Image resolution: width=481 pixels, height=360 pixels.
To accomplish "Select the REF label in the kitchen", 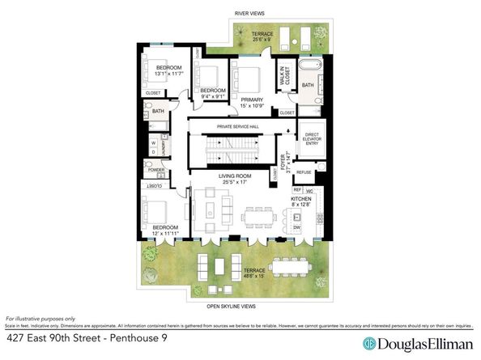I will pyautogui.click(x=297, y=190).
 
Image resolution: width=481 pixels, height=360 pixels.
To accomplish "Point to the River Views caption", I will pyautogui.click(x=250, y=14).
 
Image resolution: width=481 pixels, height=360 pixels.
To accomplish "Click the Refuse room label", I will pyautogui.click(x=304, y=172).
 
